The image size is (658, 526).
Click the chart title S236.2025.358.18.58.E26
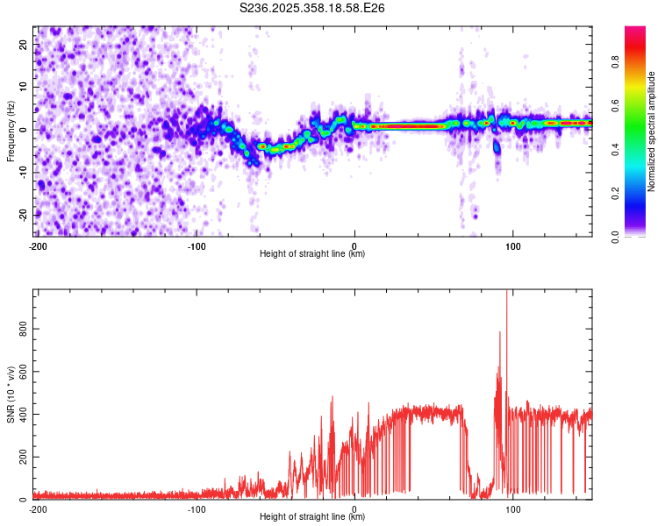312,8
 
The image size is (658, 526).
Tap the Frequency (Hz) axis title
11,131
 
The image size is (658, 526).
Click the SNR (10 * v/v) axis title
11,394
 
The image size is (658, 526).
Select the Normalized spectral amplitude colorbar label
652,131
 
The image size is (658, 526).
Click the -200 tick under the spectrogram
38,245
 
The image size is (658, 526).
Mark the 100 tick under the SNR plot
512,508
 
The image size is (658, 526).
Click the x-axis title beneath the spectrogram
312,253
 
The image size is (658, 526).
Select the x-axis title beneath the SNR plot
312,517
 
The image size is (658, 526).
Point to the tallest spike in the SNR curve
507,293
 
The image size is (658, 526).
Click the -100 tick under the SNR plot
196,508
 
